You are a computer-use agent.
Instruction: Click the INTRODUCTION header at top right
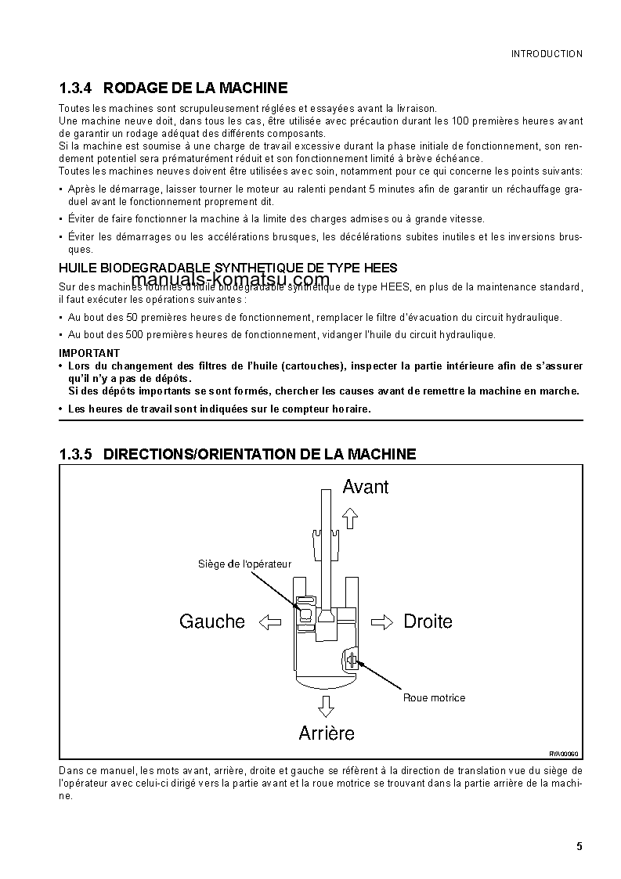click(x=547, y=54)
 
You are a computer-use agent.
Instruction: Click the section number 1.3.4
click(x=76, y=88)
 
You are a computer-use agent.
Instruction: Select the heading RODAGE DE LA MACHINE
click(x=195, y=88)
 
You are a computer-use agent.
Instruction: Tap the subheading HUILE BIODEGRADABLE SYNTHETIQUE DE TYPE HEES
click(x=228, y=268)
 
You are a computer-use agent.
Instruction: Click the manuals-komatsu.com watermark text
click(x=230, y=280)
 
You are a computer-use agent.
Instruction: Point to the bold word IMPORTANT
click(x=89, y=353)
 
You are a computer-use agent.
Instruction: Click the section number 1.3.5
click(x=76, y=454)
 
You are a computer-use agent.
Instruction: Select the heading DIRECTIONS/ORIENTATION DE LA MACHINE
click(x=259, y=454)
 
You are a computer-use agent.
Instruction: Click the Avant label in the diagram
click(x=365, y=487)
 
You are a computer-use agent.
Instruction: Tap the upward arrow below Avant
click(x=350, y=516)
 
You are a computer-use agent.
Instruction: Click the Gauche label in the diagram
click(x=211, y=621)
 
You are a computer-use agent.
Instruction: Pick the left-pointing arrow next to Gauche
click(x=269, y=621)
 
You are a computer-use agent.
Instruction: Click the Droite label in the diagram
click(x=428, y=621)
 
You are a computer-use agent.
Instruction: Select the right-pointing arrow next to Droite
click(x=383, y=621)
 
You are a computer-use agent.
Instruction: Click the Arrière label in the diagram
click(x=327, y=733)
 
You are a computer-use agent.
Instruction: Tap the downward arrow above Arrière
click(x=326, y=707)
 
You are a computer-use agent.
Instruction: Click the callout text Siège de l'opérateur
click(x=244, y=564)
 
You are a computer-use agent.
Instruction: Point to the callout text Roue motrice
click(x=434, y=697)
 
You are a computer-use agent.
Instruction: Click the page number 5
click(x=579, y=846)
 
